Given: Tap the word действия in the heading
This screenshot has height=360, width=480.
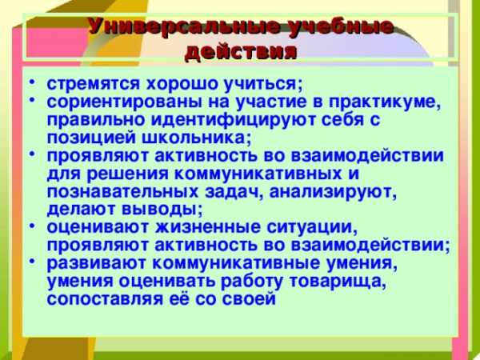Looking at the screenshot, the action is click(x=241, y=51).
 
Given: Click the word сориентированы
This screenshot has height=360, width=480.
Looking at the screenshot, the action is click(x=124, y=102).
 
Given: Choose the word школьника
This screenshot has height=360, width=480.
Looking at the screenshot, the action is click(x=197, y=138).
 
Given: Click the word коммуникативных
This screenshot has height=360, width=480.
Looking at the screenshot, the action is click(x=258, y=174).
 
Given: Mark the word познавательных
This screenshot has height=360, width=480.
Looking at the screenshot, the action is click(x=122, y=192).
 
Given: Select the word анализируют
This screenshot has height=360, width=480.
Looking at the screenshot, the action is click(x=333, y=193).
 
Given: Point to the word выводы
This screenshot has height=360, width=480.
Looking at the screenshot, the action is click(x=162, y=210).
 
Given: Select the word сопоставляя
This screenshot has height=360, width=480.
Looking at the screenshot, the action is click(x=105, y=299).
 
